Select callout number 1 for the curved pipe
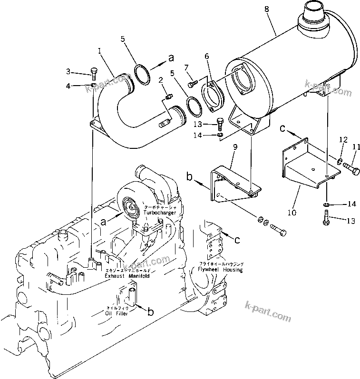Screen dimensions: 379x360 point(99,49)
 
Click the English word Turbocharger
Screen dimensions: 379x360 point(161,213)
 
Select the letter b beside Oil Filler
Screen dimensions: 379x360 point(150,311)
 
